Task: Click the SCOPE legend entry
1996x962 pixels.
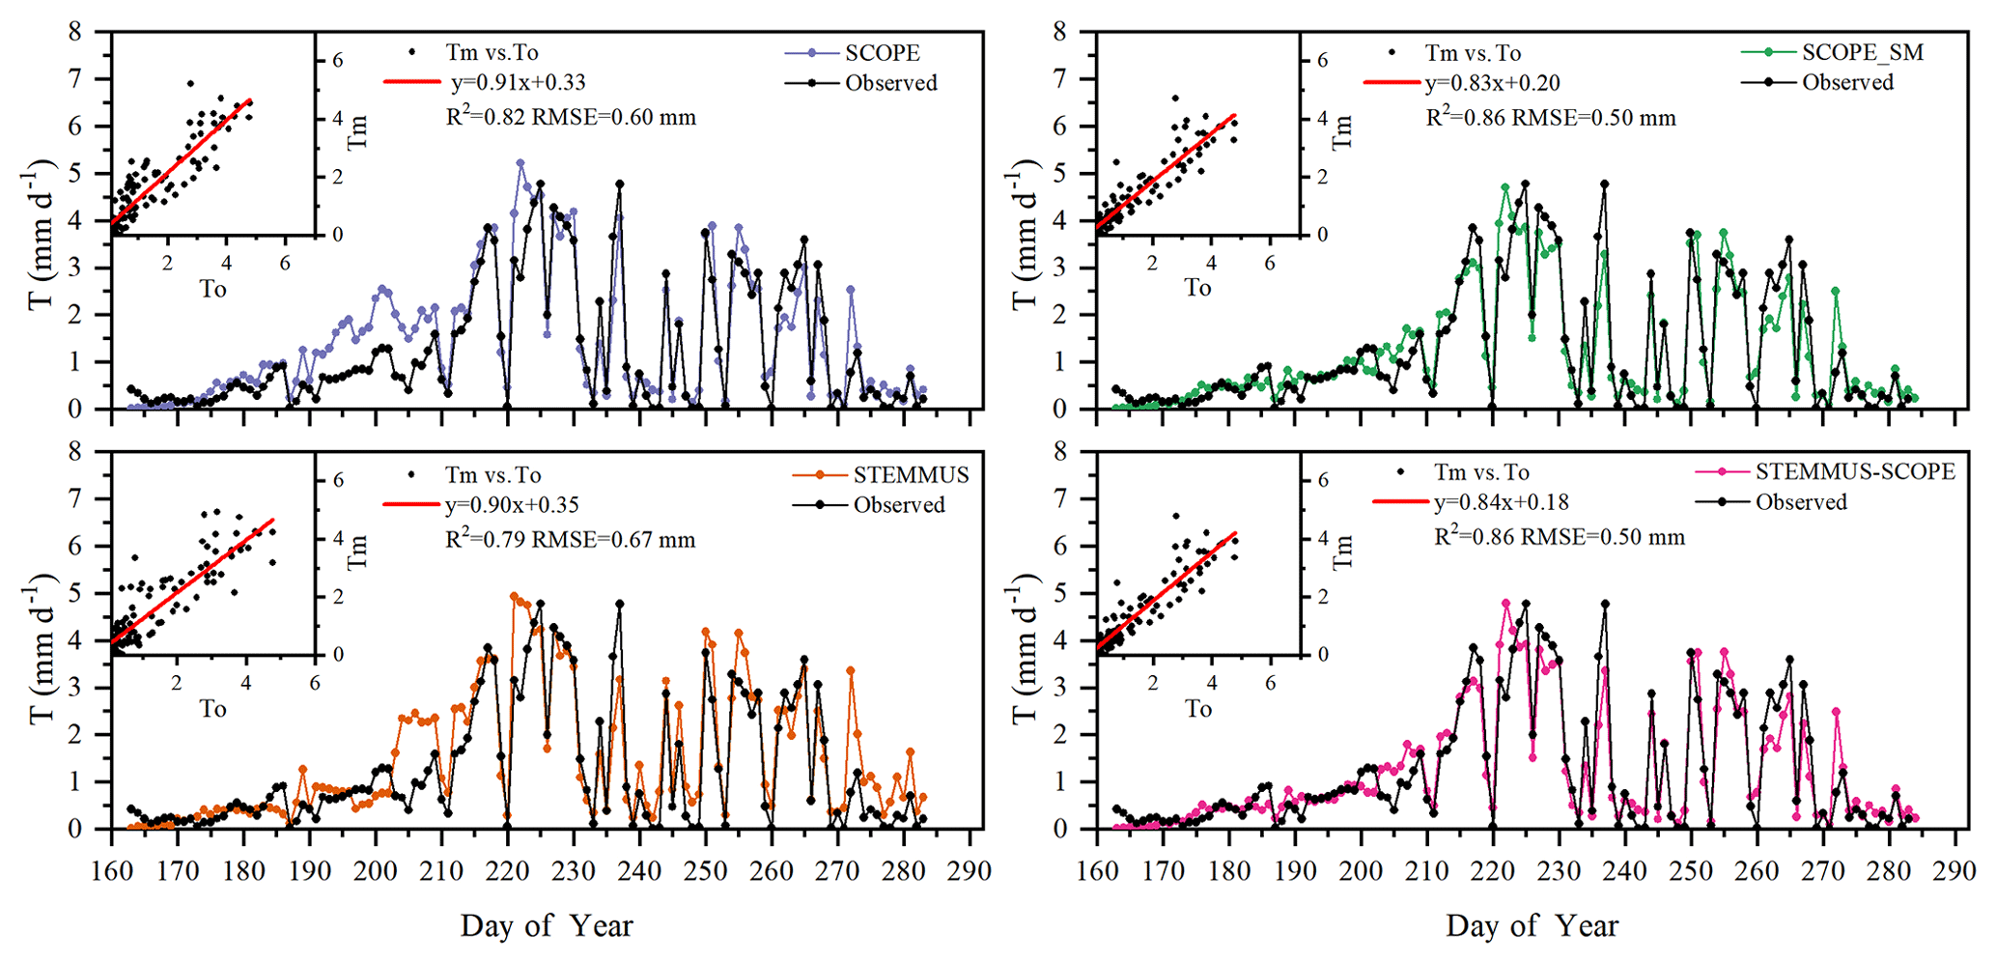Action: (882, 53)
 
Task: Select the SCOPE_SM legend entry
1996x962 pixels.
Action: (1862, 52)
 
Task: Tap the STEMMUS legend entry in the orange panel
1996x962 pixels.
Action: (910, 474)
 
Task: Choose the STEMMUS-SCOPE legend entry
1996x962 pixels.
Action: (1854, 471)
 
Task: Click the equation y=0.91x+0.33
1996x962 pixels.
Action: (518, 83)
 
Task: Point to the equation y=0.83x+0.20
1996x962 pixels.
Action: (1492, 84)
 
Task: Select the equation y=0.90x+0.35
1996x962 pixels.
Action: (512, 505)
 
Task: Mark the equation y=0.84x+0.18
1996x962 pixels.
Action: (1501, 502)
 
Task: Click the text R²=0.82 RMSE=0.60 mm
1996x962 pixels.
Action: (570, 117)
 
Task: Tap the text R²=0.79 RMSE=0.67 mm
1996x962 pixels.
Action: (570, 539)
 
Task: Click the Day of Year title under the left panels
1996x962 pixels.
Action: (547, 925)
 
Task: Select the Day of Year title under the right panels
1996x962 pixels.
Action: (1532, 925)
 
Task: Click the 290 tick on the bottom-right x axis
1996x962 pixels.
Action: (1955, 871)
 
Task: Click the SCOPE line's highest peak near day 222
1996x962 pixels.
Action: (520, 162)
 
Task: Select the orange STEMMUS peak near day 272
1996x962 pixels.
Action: (851, 669)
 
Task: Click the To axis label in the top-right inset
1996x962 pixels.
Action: (1197, 288)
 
